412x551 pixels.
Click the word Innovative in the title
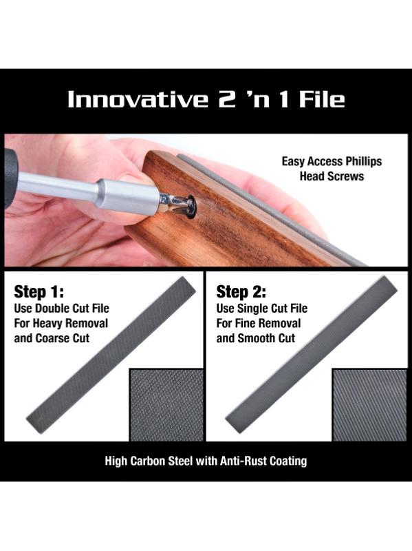point(138,99)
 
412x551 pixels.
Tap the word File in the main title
point(322,99)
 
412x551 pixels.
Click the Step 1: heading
point(39,291)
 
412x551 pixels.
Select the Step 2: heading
point(241,291)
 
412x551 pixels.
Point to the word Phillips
point(363,162)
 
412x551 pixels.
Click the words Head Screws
point(332,176)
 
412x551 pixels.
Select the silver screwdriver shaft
point(88,191)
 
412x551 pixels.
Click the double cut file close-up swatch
point(166,404)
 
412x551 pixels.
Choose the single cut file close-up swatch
point(369,404)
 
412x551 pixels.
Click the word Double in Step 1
point(52,309)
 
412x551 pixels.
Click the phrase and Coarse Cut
point(52,338)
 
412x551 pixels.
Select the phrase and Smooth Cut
point(255,338)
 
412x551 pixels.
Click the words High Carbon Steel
point(149,461)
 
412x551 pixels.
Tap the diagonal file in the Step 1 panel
point(111,355)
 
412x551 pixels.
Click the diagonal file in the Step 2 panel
point(312,354)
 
